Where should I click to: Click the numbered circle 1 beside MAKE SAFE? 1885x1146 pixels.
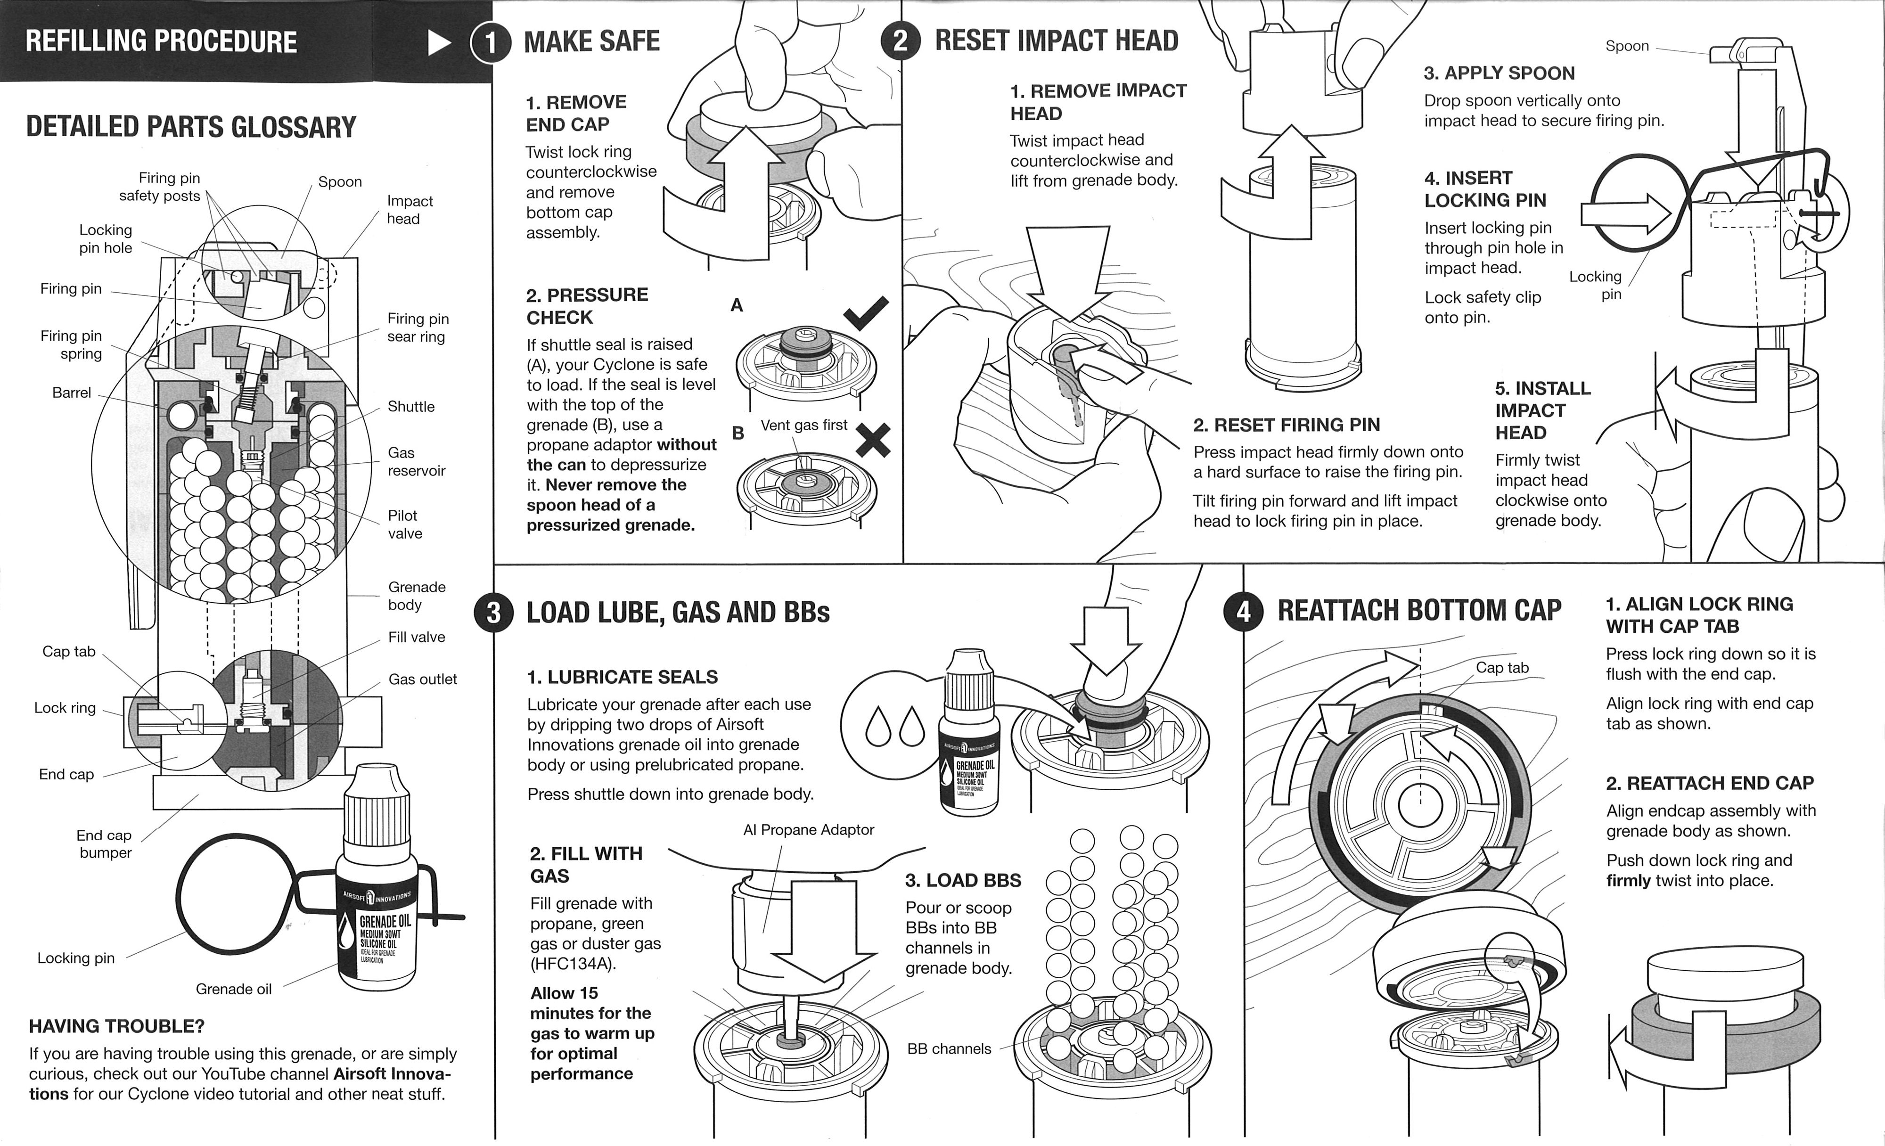tap(491, 42)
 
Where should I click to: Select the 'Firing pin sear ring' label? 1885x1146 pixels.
tap(417, 327)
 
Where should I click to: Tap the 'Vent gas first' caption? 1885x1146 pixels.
tap(803, 426)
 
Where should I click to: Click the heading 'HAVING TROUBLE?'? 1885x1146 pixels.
tap(116, 1026)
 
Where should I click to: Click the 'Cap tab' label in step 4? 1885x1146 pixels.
tap(1502, 668)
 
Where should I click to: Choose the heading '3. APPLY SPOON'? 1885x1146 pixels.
tap(1499, 74)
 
